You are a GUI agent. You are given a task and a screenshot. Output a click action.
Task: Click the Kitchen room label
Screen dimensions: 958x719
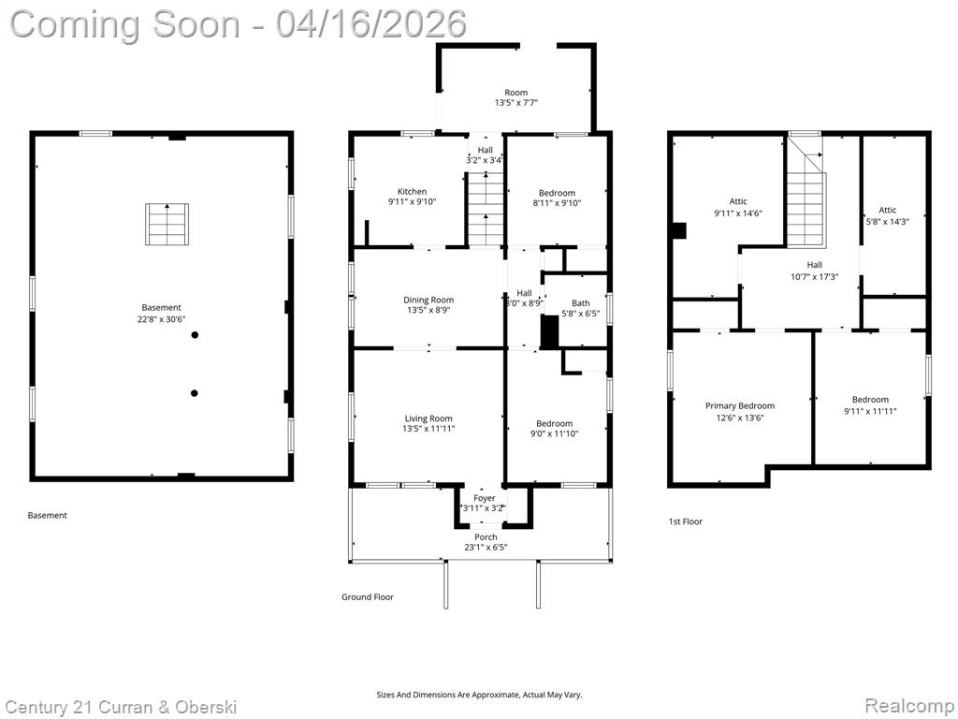413,192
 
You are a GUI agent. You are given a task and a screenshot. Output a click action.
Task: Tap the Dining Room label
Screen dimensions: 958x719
428,301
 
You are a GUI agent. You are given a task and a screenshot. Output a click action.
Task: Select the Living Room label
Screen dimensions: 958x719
428,418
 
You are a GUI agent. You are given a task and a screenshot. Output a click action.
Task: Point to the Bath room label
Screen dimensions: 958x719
580,303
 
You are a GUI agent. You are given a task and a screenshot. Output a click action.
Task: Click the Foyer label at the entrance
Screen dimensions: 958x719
485,498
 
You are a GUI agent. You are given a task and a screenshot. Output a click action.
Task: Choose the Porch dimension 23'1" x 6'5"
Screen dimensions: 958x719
486,547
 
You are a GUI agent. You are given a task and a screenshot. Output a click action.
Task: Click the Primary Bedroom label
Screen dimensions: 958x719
740,406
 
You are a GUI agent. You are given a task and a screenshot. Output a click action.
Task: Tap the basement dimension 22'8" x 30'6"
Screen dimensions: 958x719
161,318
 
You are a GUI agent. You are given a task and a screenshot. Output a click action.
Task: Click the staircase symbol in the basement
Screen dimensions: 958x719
167,225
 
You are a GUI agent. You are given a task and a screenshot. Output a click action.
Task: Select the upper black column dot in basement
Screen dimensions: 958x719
195,335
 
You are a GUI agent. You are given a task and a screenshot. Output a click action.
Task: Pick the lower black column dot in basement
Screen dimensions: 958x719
195,393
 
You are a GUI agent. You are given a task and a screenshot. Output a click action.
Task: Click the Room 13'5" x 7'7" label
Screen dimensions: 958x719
516,97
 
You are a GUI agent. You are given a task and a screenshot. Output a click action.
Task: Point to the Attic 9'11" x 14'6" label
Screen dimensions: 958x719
738,207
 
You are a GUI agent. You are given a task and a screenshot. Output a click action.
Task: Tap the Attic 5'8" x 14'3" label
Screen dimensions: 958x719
887,216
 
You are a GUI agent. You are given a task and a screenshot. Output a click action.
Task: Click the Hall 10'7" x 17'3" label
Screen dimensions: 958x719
815,271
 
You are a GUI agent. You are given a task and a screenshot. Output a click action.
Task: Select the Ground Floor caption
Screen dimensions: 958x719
367,597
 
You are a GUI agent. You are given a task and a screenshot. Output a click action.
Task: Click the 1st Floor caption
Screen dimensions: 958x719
686,521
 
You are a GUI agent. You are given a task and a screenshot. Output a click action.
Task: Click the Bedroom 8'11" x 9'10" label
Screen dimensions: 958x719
557,198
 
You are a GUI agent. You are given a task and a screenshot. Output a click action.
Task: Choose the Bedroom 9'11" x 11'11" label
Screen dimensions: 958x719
870,405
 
